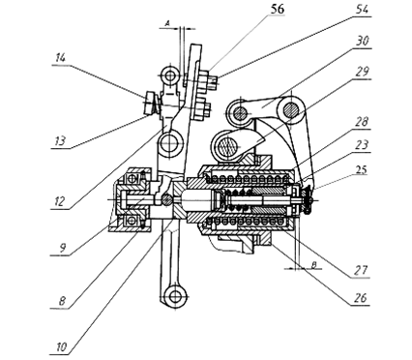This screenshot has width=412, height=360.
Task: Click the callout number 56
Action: (278, 9)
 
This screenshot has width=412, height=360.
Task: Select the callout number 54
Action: (363, 9)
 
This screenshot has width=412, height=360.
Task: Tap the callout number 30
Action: (363, 41)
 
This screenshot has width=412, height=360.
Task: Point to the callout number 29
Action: (363, 72)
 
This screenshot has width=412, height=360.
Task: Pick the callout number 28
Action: (362, 122)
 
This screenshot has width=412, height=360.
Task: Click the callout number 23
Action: (362, 145)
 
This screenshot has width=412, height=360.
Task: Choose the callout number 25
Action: (362, 169)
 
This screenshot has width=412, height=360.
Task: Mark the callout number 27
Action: (361, 270)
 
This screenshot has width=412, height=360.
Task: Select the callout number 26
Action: (361, 298)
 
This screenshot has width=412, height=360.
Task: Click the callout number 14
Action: (60, 58)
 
